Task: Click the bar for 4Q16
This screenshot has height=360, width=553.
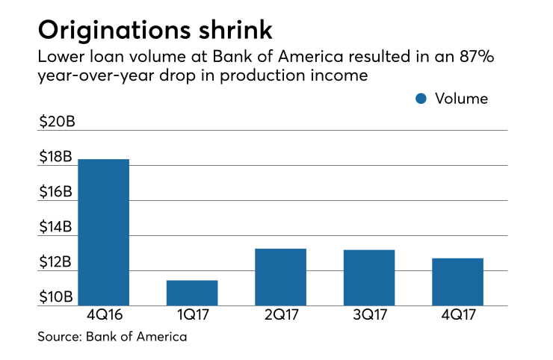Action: (x=104, y=232)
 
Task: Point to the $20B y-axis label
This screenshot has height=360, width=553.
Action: (x=56, y=122)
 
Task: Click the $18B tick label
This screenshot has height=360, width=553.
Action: (x=56, y=157)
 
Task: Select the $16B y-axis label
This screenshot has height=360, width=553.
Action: (x=56, y=192)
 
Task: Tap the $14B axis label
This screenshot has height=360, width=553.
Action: (x=56, y=227)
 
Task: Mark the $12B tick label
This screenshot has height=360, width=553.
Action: (x=56, y=262)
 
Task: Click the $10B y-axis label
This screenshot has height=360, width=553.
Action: (x=56, y=297)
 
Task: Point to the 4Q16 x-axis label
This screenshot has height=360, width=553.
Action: (x=104, y=316)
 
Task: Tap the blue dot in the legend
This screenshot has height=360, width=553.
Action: (x=421, y=99)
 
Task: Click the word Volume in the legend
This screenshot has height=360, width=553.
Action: (x=460, y=99)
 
